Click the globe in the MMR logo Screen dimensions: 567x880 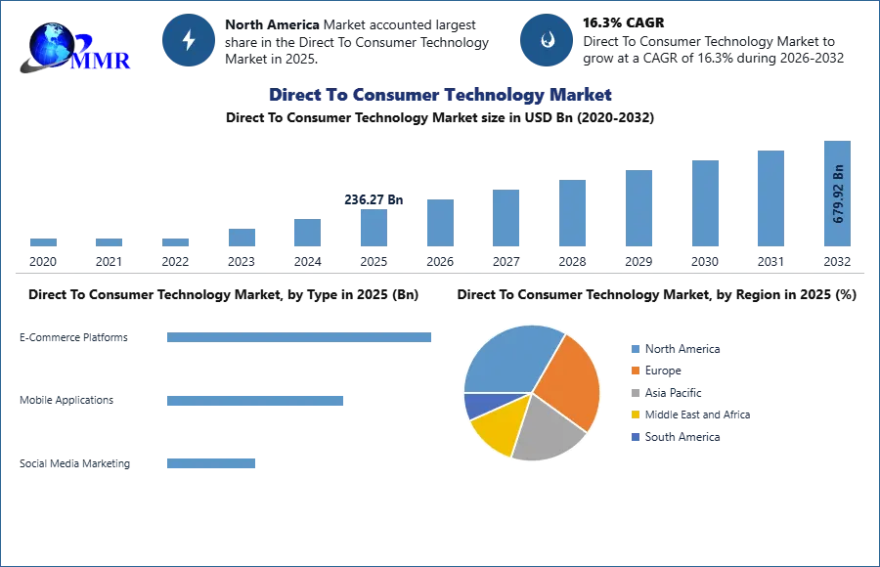tap(50, 43)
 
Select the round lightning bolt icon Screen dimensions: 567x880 tap(189, 40)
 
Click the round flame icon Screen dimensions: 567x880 tap(547, 40)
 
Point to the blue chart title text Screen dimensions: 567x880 tap(441, 95)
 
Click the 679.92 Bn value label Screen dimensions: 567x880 tap(838, 193)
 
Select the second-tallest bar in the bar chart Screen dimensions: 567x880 tap(770, 198)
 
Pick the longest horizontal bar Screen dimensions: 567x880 tap(300, 336)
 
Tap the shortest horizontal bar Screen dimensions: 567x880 tap(210, 461)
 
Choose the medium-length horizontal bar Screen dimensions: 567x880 tap(253, 399)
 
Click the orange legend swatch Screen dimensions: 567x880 tap(635, 371)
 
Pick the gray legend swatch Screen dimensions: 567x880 tap(635, 393)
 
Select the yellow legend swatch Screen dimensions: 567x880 tap(635, 414)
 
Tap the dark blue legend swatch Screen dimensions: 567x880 tap(635, 438)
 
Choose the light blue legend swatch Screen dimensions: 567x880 tap(635, 350)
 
